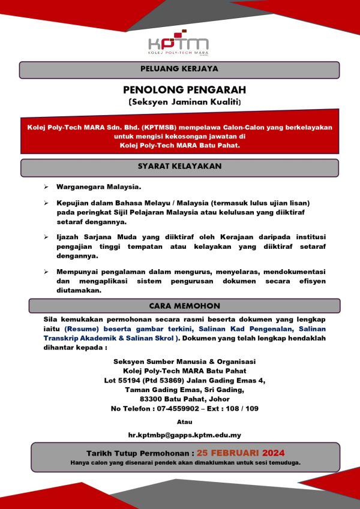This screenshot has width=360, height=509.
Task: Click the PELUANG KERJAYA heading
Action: [x=179, y=69]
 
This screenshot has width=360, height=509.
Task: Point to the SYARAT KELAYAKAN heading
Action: [x=179, y=166]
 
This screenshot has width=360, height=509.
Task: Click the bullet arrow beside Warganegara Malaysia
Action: [x=47, y=186]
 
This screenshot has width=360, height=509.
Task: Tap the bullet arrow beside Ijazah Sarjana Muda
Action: [x=47, y=238]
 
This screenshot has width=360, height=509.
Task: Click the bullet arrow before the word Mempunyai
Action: [x=47, y=272]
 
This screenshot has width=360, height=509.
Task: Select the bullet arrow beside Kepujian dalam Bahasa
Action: [x=47, y=204]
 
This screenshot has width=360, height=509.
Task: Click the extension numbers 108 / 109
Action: [x=242, y=408]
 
